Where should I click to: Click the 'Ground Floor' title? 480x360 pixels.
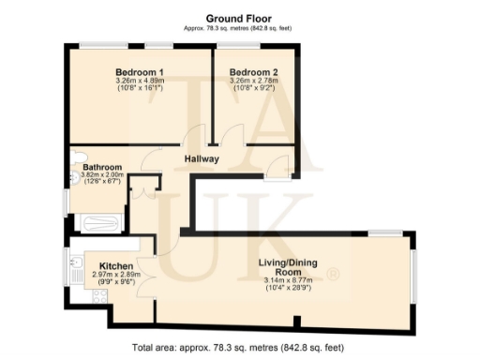(239, 17)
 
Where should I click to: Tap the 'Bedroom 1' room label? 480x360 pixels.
(140, 72)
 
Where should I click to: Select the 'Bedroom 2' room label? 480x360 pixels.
(253, 72)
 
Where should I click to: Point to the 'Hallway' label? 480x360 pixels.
(201, 158)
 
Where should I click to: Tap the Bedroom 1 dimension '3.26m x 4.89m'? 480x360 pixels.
(140, 82)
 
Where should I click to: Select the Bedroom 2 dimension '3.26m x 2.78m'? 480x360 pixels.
(253, 82)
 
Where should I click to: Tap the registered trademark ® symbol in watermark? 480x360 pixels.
(332, 275)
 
